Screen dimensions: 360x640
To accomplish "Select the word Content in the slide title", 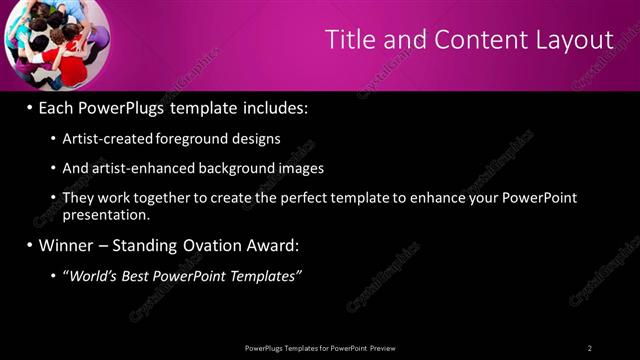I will (x=470, y=40).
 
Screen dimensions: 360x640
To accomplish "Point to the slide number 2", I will (x=590, y=348).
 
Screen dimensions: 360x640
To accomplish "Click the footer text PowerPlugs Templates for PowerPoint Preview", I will (x=321, y=348).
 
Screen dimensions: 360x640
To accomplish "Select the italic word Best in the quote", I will (x=147, y=275).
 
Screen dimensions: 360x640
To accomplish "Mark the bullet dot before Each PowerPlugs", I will (x=30, y=106).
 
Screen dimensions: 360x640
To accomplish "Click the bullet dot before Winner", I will (x=30, y=245).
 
